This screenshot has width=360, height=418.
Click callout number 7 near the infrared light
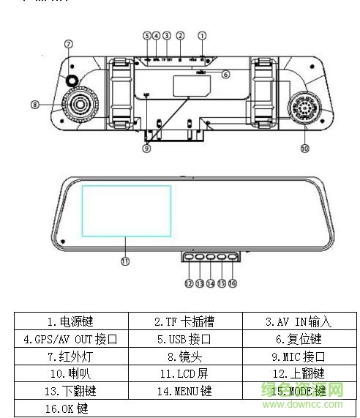point(68,44)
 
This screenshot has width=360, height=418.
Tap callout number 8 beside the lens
point(34,105)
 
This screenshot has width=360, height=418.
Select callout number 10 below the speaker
point(305,149)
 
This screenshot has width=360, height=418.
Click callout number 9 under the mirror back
point(146,149)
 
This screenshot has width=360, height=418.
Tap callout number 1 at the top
point(203,35)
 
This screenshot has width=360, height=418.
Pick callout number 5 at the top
point(146,35)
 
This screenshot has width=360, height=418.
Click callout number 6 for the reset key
point(225,74)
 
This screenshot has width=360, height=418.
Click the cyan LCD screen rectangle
point(126,211)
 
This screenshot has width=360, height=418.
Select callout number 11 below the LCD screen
point(125,261)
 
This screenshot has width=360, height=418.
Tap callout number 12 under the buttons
point(189,283)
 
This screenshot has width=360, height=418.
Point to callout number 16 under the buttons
point(233,283)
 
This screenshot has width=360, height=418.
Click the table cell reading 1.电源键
point(71,321)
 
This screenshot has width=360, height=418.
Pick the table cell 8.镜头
point(185,357)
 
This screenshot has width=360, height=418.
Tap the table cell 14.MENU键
point(185,391)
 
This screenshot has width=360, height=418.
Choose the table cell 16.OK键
point(71,408)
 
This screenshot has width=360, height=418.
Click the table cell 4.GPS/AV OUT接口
point(71,339)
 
